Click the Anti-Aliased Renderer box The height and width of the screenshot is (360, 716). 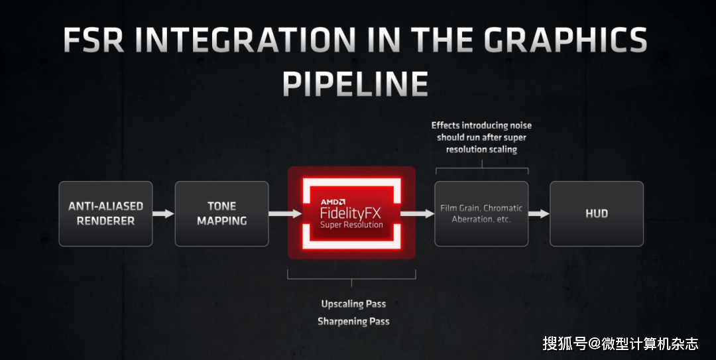click(105, 213)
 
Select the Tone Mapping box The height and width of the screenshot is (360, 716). click(221, 213)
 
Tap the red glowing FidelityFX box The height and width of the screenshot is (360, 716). click(351, 213)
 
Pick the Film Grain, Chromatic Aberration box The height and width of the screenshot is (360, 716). click(481, 213)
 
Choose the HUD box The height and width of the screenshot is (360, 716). click(597, 213)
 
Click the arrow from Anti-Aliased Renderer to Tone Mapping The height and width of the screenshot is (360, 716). click(163, 213)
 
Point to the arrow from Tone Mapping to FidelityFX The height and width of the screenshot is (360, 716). click(278, 213)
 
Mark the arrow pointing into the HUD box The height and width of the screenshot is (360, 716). click(539, 213)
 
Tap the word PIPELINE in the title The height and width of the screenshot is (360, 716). click(355, 84)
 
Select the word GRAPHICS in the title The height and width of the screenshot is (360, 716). click(566, 41)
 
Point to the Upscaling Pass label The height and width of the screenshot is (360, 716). click(353, 304)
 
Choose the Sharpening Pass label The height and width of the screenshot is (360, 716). click(353, 322)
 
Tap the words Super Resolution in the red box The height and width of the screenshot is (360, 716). click(351, 225)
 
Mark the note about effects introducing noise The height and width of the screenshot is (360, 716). click(481, 137)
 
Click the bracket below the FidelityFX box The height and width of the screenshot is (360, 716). click(351, 276)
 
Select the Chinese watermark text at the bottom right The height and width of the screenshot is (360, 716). click(621, 343)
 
